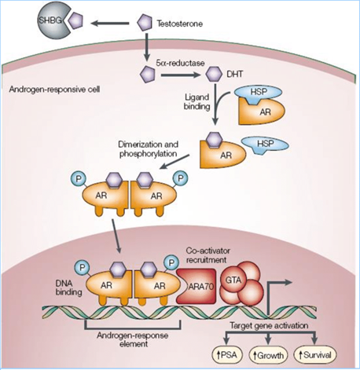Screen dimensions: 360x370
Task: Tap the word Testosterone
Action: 180,24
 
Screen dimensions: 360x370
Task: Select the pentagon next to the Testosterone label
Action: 145,23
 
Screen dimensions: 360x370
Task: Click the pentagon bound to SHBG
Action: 75,20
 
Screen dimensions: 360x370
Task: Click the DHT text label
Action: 234,75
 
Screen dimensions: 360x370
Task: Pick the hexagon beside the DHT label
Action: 214,75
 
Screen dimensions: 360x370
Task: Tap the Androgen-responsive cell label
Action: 54,90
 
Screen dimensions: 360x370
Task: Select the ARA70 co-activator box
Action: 197,287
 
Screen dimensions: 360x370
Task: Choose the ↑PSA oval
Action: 227,356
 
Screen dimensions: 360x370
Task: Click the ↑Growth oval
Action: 269,356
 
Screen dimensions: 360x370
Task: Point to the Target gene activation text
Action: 269,326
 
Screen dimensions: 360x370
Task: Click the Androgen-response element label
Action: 133,339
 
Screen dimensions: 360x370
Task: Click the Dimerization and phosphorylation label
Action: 149,149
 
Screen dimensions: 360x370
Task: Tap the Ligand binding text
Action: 197,102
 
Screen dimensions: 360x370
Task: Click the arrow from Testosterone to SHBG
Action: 110,24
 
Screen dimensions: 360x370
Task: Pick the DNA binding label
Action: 68,288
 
